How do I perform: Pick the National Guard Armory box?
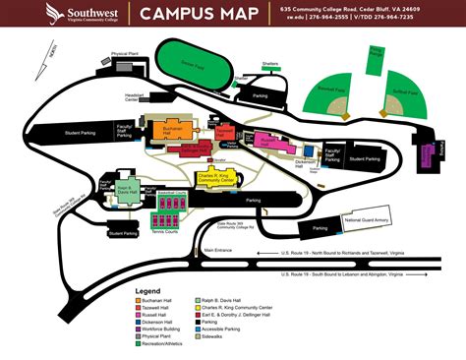[368, 220]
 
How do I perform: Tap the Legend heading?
[148, 290]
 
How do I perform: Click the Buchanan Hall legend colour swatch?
[139, 299]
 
